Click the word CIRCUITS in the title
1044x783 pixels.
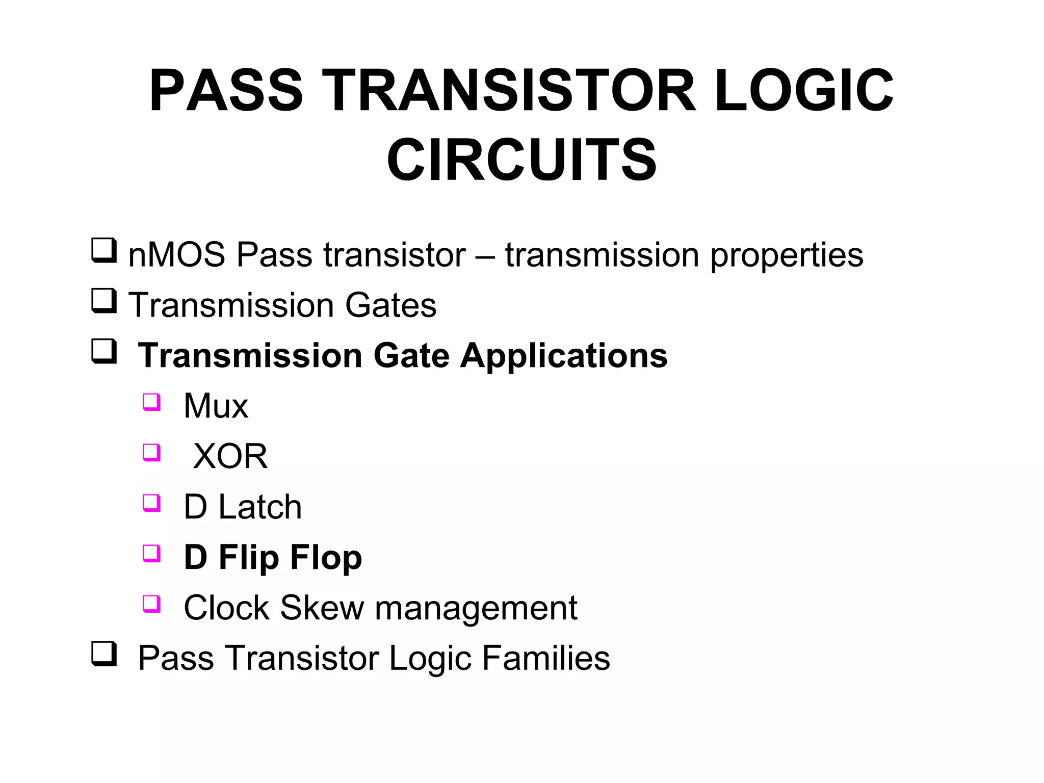(521, 160)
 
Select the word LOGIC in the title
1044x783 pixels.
(803, 91)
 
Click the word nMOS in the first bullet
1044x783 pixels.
(176, 255)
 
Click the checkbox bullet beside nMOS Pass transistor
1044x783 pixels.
(104, 251)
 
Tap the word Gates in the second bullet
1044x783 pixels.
(390, 305)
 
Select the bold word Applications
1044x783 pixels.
(564, 356)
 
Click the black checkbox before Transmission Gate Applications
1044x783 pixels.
(104, 351)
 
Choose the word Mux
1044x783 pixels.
(216, 406)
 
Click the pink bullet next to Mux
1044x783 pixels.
(151, 402)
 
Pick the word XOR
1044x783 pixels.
(230, 456)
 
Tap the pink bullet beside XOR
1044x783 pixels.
(151, 452)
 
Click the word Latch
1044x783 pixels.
(260, 507)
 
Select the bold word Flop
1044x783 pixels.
(326, 558)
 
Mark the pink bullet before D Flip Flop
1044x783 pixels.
(151, 553)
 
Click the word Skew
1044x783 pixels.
(322, 608)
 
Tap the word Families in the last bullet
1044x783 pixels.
(545, 658)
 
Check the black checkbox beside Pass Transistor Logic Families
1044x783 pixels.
(104, 654)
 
